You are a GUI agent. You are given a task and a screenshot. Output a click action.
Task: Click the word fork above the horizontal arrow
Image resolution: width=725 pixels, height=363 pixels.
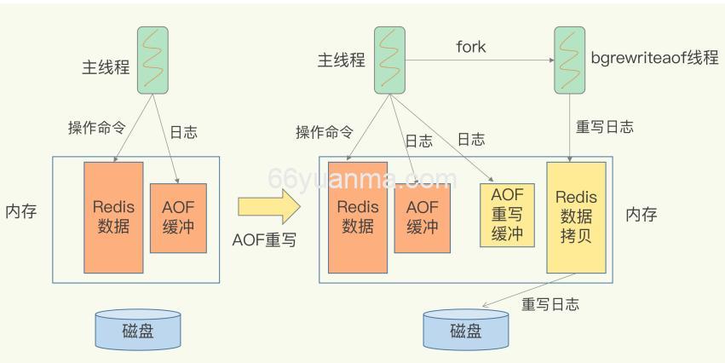point(470,46)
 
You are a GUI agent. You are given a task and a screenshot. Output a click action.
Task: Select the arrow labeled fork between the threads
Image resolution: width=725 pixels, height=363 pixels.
point(477,60)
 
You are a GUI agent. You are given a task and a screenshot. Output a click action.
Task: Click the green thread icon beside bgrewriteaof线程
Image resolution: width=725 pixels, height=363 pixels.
point(568,60)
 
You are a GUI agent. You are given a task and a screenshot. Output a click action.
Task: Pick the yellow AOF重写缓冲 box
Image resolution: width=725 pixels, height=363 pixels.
point(506,214)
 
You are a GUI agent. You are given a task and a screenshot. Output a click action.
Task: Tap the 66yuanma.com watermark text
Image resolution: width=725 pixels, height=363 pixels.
point(362,179)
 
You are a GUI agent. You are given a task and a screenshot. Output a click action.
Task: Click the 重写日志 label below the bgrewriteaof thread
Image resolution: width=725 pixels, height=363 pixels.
point(605,127)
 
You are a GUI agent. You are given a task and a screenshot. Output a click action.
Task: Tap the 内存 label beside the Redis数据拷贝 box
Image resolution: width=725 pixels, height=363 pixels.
point(641,214)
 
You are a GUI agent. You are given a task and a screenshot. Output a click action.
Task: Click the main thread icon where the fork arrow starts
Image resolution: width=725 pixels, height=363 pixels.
point(389,60)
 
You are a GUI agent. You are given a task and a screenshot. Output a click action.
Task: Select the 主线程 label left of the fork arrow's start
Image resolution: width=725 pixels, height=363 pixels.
point(342,61)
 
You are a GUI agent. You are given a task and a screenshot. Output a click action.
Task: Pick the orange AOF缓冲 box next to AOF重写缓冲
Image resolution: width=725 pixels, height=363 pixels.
point(422,217)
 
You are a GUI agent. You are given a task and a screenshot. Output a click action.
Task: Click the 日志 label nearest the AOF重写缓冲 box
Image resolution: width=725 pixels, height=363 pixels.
point(472,139)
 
